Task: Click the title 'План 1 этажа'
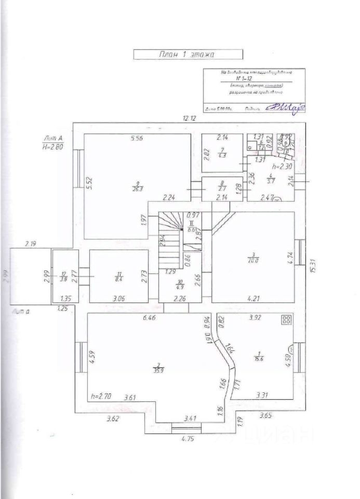point(188,54)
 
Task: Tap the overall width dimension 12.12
point(189,118)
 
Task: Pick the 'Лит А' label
point(54,138)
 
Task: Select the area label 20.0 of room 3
point(253,261)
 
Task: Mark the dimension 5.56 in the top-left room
point(137,138)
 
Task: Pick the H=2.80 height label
point(53,147)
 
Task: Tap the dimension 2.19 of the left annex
point(31,243)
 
